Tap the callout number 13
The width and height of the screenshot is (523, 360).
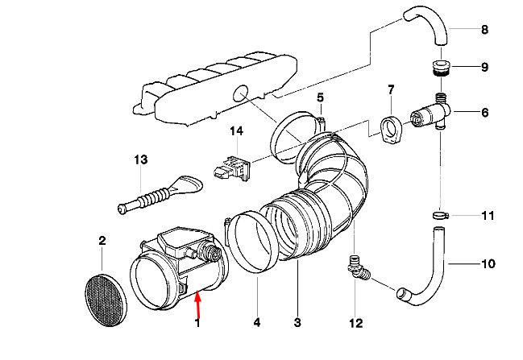pyautogui.click(x=141, y=159)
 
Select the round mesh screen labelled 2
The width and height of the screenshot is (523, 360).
pyautogui.click(x=106, y=300)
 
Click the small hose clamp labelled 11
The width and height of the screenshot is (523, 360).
pyautogui.click(x=441, y=216)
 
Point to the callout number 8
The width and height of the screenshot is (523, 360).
pyautogui.click(x=484, y=30)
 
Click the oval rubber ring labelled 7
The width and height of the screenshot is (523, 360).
pyautogui.click(x=391, y=130)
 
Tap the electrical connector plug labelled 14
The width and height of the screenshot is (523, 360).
pyautogui.click(x=231, y=169)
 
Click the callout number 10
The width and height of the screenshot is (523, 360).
pyautogui.click(x=488, y=264)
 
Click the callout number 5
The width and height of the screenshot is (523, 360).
pyautogui.click(x=320, y=97)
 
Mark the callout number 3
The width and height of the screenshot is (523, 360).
pyautogui.click(x=297, y=322)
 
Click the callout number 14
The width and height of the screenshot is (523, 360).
pyautogui.click(x=236, y=130)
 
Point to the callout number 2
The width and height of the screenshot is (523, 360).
pyautogui.click(x=102, y=240)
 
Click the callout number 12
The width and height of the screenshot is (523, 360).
pyautogui.click(x=355, y=323)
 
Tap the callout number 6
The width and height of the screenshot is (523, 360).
pyautogui.click(x=484, y=113)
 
